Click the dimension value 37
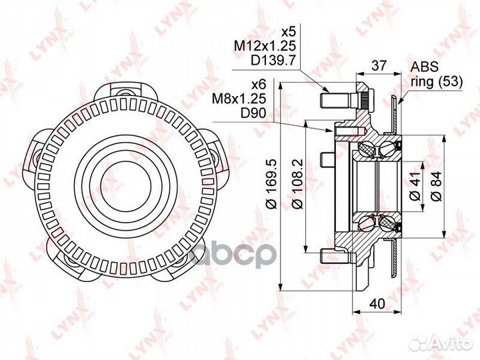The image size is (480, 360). click(379, 65)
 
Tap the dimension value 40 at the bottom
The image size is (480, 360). click(377, 303)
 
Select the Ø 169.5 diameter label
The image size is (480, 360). click(272, 183)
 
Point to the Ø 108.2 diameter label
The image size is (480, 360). click(297, 183)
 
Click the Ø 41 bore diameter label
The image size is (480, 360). click(415, 186)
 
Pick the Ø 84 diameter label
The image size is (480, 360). click(437, 186)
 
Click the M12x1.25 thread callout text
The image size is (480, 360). click(265, 46)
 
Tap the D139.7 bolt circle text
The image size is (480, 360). click(273, 60)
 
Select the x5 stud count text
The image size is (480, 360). click(289, 32)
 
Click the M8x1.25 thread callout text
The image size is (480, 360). click(240, 99)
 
